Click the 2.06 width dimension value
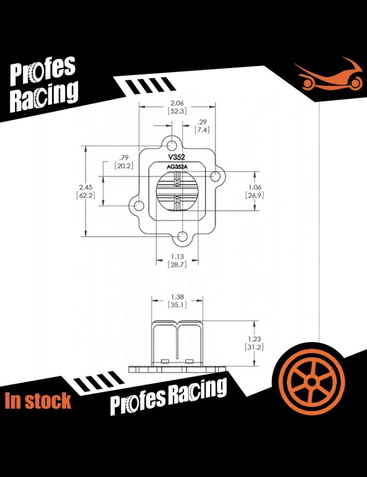pos(177,103)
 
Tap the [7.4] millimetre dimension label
pos(202,130)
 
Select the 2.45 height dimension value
pos(86,187)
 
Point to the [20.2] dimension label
pos(124,166)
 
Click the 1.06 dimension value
pos(254,187)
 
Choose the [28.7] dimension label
pos(177,264)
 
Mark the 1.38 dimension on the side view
pos(177,296)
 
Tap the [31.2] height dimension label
pos(254,347)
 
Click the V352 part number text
pos(177,157)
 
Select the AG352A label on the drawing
pos(177,166)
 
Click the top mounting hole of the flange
pos(172,146)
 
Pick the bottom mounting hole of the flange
pos(182,237)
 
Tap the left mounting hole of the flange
pos(139,205)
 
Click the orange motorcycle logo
pos(328,74)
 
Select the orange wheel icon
pos(311,382)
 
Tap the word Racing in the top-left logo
pos(44,96)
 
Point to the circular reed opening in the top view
pos(176,191)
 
